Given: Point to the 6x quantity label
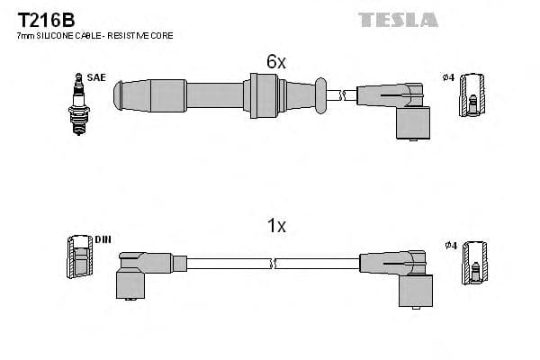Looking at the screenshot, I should pos(275,61).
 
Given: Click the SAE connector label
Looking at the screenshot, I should pos(97,77).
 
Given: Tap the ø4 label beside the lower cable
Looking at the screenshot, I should pos(450,246).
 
